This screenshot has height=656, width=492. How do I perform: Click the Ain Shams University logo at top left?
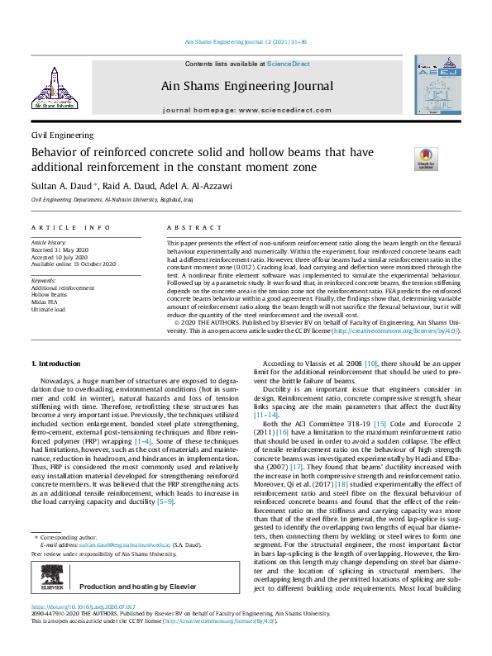coord(54,87)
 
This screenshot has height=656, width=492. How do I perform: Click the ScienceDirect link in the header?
coord(287,64)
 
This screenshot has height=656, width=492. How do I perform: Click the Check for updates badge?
coord(426,159)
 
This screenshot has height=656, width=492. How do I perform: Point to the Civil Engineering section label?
coord(62,135)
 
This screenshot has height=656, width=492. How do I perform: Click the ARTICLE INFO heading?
coord(70,227)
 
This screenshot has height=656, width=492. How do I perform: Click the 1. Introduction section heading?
coord(55,364)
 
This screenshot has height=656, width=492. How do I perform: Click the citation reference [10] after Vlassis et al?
coord(371,364)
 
